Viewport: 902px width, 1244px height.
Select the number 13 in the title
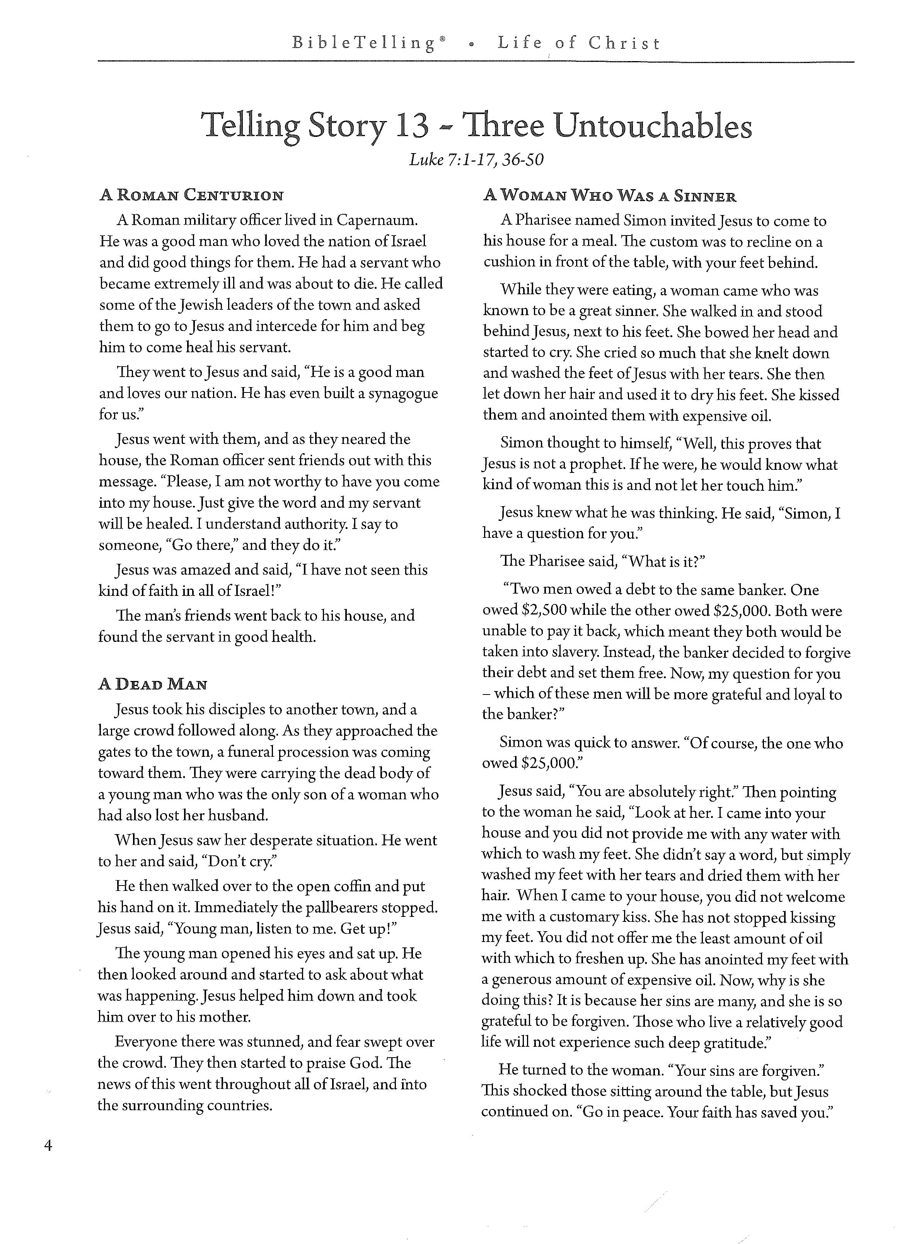click(x=411, y=126)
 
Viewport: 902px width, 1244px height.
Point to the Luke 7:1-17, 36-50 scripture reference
click(x=476, y=160)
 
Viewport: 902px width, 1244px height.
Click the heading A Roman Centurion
click(x=191, y=195)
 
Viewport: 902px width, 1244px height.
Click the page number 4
click(x=48, y=1145)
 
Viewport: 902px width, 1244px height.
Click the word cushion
click(x=508, y=263)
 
